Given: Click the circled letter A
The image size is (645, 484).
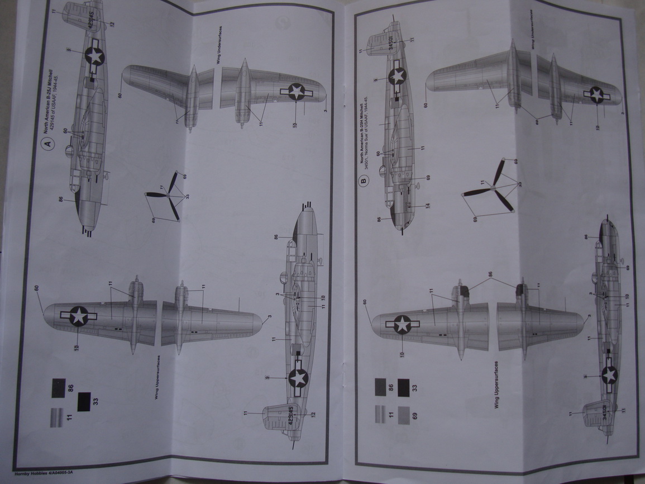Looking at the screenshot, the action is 47,144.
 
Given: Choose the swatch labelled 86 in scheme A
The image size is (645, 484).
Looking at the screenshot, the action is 58,387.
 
